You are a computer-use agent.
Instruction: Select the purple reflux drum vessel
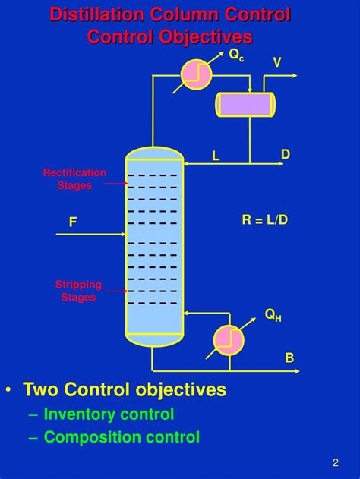tap(245, 104)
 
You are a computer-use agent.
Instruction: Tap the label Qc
tap(237, 55)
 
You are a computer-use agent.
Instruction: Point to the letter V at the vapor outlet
tap(277, 62)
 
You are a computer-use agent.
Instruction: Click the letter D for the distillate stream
tap(286, 155)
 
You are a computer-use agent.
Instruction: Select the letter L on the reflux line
tap(216, 156)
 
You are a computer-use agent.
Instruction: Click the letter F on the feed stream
tap(73, 222)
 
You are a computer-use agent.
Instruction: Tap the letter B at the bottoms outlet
tap(289, 358)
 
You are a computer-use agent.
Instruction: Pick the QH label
tap(273, 315)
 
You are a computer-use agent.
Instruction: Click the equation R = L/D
tap(265, 220)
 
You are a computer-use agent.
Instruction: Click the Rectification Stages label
tap(74, 179)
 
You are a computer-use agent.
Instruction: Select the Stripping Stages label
tap(78, 291)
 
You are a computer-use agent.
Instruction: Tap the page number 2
tap(335, 462)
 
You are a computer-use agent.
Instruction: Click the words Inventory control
tap(109, 414)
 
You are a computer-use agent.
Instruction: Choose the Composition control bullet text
tap(122, 437)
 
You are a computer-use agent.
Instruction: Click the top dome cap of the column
tap(154, 153)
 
